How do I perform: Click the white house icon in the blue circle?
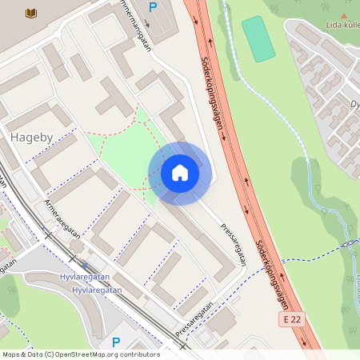coord(179,173)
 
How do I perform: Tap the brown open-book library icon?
coord(31,14)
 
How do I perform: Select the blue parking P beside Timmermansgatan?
coord(153,7)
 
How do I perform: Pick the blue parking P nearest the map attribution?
coord(116,342)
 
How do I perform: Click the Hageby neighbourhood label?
coord(31,138)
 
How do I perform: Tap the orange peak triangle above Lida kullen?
coord(344,14)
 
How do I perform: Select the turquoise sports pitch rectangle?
coord(258,38)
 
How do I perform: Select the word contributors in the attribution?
coord(139,354)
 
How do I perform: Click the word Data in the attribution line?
coord(34,354)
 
